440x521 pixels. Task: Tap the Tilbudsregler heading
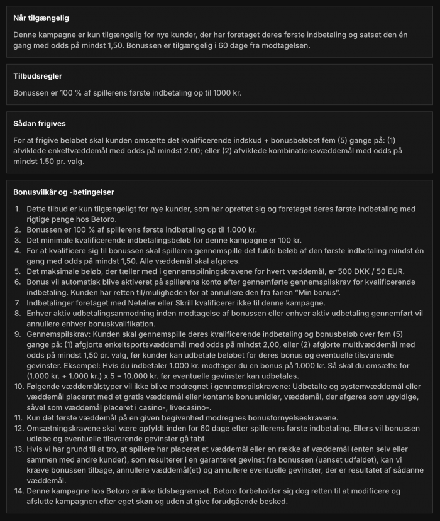[37, 77]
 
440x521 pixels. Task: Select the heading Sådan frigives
[40, 124]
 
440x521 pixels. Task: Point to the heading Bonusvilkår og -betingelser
[63, 192]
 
